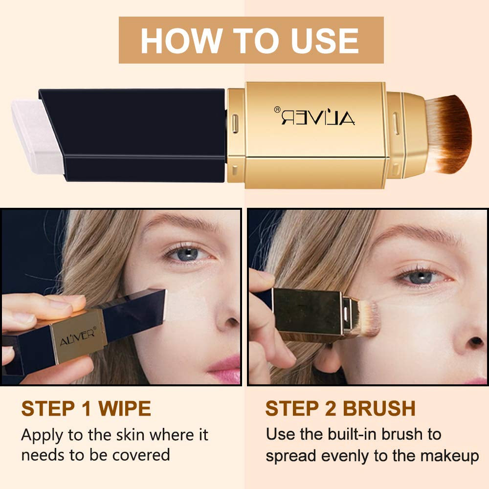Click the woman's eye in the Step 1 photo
[188, 254]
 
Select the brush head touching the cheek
[367, 318]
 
